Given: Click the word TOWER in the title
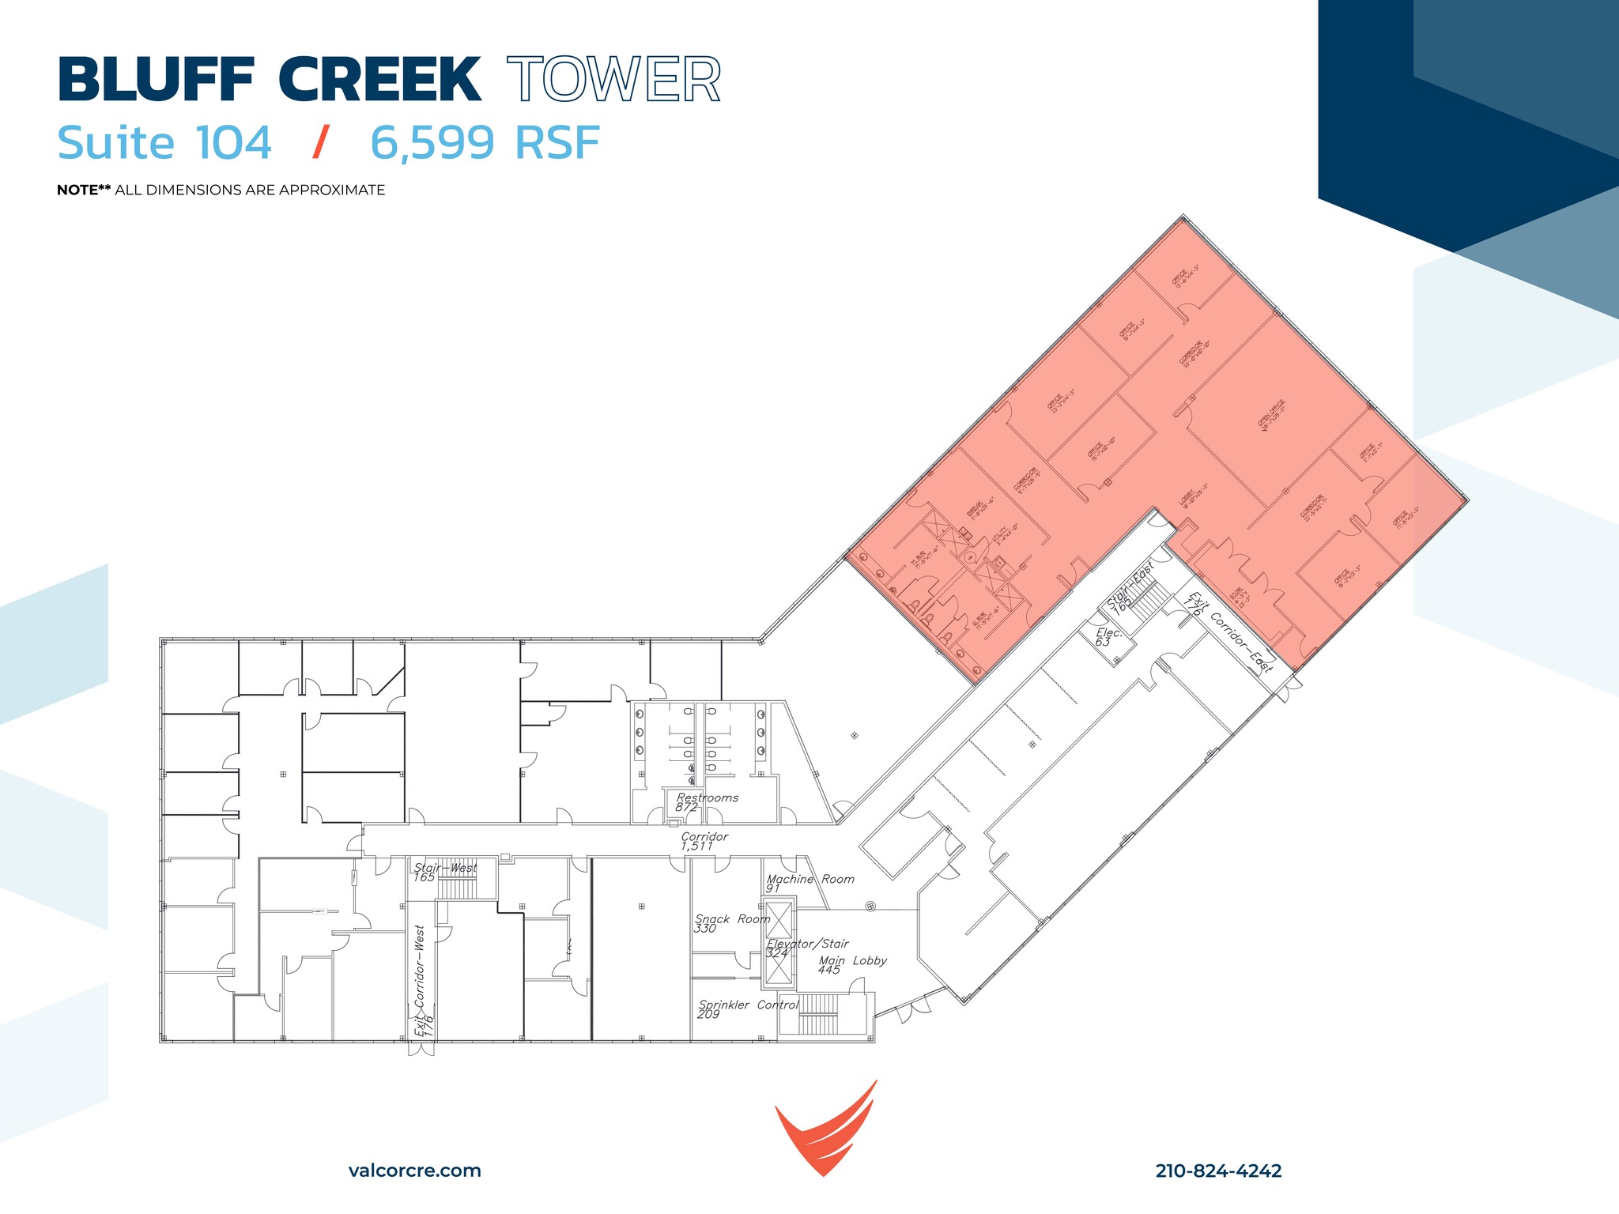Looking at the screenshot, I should click(x=613, y=80).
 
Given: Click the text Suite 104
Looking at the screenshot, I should click(x=164, y=143).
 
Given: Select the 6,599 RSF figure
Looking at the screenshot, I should click(x=485, y=143).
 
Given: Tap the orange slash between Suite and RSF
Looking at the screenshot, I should click(x=320, y=143).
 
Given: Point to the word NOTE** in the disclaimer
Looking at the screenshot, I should click(x=84, y=190).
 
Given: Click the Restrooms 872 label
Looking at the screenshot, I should click(x=706, y=802).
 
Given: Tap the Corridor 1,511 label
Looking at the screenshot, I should click(x=704, y=841).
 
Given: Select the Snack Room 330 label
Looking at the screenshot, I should click(x=731, y=923).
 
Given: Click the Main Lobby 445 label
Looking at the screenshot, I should click(x=851, y=965).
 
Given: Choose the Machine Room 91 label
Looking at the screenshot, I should click(x=809, y=883).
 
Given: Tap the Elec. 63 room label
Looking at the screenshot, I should click(x=1107, y=637).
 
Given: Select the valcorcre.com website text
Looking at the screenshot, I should click(x=414, y=1171).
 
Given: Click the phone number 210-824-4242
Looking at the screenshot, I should click(x=1218, y=1171).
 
